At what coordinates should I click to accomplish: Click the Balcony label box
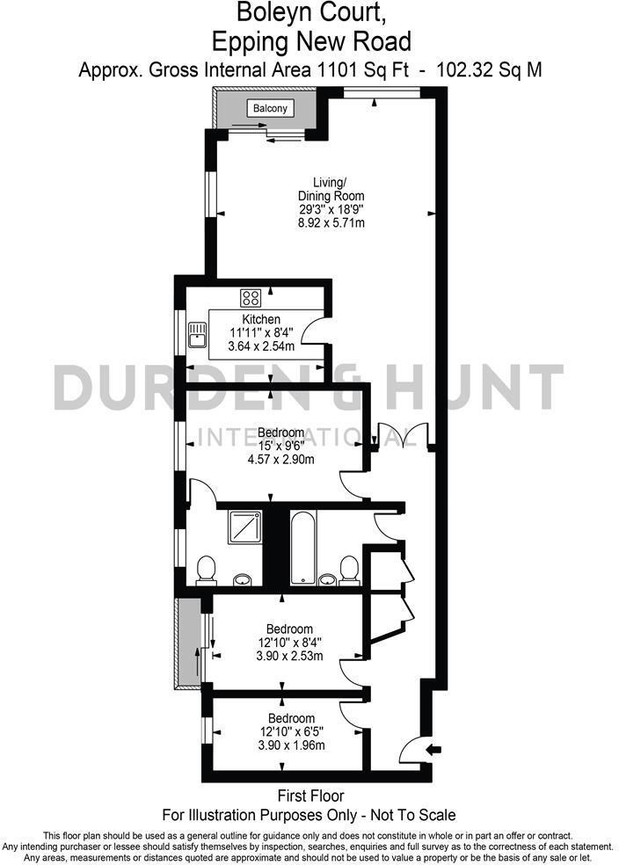(270, 108)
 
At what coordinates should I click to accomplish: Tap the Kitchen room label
(261, 319)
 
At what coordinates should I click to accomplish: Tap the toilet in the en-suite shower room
(207, 569)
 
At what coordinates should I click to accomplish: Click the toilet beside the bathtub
(349, 569)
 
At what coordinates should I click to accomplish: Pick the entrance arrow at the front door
(433, 749)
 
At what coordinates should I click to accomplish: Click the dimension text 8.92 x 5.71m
(331, 223)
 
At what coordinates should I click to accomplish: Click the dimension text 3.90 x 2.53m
(290, 656)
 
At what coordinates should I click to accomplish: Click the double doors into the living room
(399, 438)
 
